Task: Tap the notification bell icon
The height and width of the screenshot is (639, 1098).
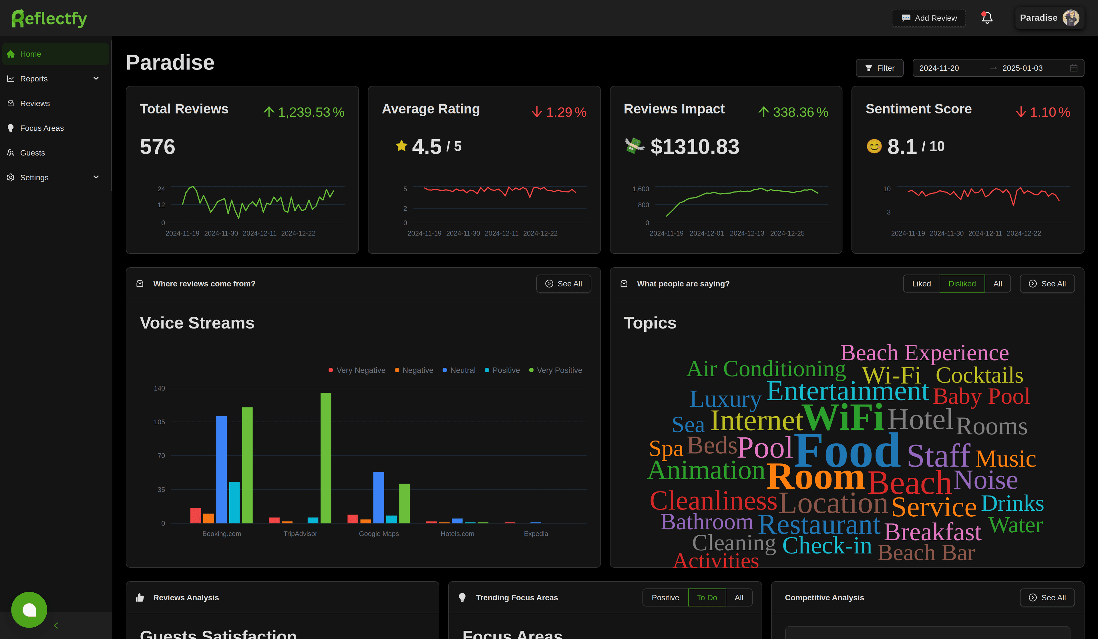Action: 987,18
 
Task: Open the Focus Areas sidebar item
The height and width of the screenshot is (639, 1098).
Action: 42,128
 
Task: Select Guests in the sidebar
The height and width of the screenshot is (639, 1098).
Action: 32,153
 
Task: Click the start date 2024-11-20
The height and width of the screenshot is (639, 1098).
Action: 939,68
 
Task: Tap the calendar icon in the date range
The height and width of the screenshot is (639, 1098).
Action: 1074,68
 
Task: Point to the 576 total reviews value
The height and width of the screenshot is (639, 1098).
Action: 157,147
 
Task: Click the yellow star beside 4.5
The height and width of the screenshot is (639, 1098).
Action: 401,146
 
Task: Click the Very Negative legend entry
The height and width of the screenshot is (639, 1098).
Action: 357,370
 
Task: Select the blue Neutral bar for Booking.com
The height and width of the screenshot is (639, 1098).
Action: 221,469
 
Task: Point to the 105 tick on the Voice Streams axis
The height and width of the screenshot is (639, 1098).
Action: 160,422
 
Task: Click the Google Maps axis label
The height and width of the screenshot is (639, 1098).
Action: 379,534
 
